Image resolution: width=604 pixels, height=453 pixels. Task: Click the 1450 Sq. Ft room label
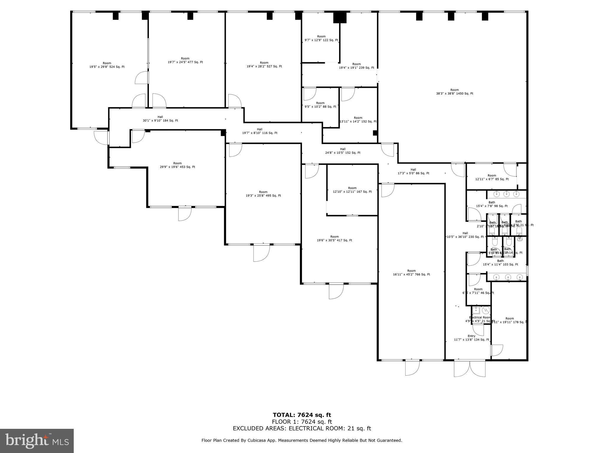[454, 92]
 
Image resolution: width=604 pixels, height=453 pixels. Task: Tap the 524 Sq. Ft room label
[107, 65]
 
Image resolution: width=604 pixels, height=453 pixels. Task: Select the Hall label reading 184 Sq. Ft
[160, 119]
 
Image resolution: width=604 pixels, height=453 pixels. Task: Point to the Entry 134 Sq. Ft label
[471, 338]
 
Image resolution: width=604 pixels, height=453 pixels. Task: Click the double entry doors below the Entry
[470, 369]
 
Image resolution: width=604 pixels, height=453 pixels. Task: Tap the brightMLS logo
[37, 441]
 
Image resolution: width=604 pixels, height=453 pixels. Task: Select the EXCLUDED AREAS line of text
[302, 429]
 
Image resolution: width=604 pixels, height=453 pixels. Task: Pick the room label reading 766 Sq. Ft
[411, 273]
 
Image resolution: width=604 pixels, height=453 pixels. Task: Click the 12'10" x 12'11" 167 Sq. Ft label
[352, 190]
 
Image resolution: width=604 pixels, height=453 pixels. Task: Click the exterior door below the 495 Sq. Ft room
[261, 253]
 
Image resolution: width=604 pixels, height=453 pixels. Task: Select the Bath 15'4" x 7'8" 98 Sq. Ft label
[492, 204]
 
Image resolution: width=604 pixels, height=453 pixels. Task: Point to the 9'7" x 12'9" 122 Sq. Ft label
[321, 38]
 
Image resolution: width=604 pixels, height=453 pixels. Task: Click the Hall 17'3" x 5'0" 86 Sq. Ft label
[413, 171]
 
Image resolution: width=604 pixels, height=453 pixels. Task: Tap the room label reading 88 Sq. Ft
[320, 105]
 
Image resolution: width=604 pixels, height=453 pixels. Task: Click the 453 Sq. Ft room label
[177, 165]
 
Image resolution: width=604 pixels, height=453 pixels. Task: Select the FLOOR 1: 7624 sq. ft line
[302, 422]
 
